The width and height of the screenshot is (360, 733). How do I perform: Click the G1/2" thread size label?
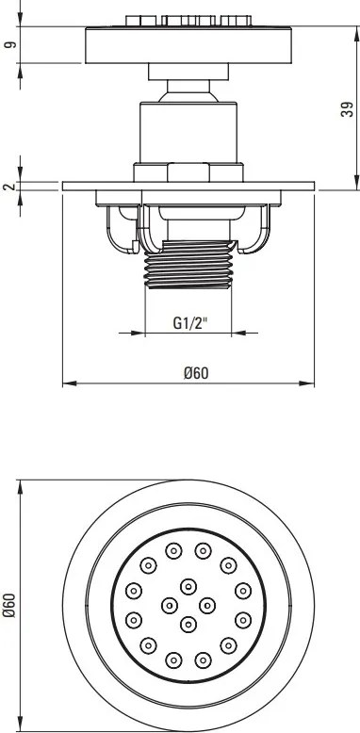[189, 323]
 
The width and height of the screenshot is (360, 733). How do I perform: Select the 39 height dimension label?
[347, 109]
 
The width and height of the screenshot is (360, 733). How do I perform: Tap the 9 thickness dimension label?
[10, 44]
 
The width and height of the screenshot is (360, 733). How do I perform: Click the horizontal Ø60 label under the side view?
[196, 373]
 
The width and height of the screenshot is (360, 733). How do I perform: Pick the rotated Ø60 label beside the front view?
[10, 605]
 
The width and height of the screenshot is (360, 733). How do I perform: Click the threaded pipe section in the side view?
[188, 264]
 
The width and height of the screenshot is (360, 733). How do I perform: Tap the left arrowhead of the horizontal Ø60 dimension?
[69, 383]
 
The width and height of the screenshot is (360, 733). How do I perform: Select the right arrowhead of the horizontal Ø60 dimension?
[307, 383]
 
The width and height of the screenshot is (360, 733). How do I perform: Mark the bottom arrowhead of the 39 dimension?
[356, 183]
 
